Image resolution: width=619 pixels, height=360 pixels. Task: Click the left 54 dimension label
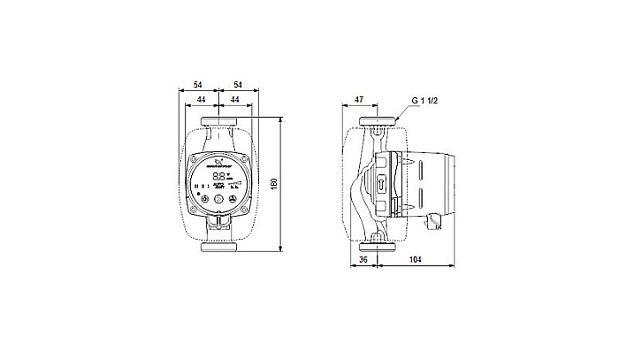tap(198, 83)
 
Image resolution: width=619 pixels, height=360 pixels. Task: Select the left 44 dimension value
tap(201, 100)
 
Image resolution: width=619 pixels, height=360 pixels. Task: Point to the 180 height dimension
tap(274, 184)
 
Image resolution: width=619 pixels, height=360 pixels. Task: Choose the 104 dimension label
tap(415, 261)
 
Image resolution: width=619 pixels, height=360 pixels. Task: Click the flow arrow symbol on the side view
tap(381, 187)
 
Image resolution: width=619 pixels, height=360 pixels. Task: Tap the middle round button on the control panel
tap(218, 200)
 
